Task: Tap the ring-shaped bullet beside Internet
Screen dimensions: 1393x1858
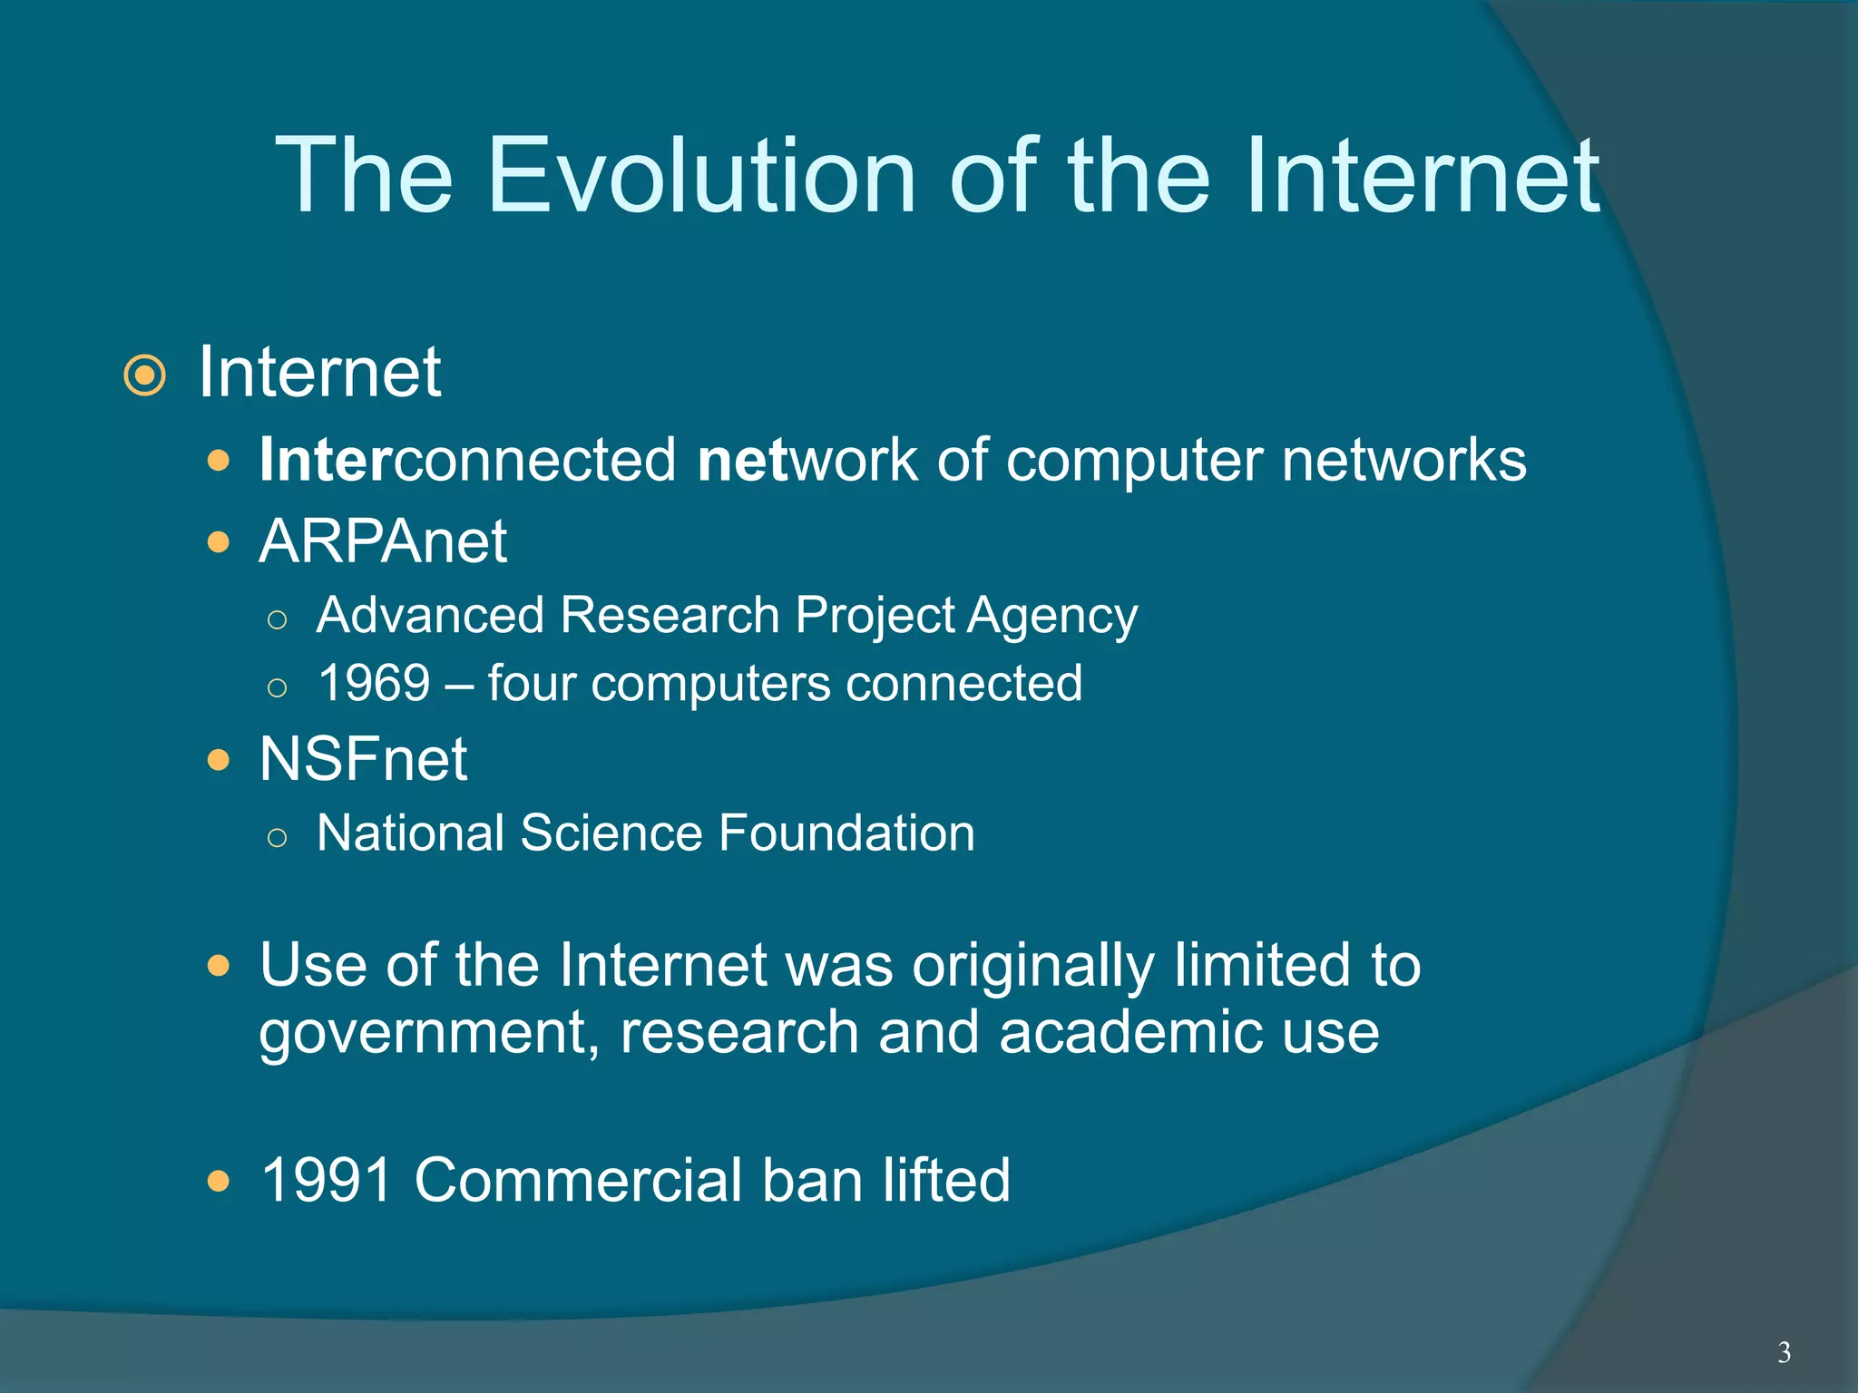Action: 145,375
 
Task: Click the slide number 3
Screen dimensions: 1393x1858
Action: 1784,1352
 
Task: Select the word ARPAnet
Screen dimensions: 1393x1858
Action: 383,541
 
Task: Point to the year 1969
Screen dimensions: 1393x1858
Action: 374,683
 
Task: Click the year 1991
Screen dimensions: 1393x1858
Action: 327,1180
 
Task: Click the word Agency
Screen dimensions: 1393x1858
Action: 1052,617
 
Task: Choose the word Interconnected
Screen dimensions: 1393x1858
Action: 468,460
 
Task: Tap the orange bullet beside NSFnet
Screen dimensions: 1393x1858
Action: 218,759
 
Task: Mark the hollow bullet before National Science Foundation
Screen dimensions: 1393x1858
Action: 278,837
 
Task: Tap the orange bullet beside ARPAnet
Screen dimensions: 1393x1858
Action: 218,542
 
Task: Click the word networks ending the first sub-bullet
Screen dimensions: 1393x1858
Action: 1403,460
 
